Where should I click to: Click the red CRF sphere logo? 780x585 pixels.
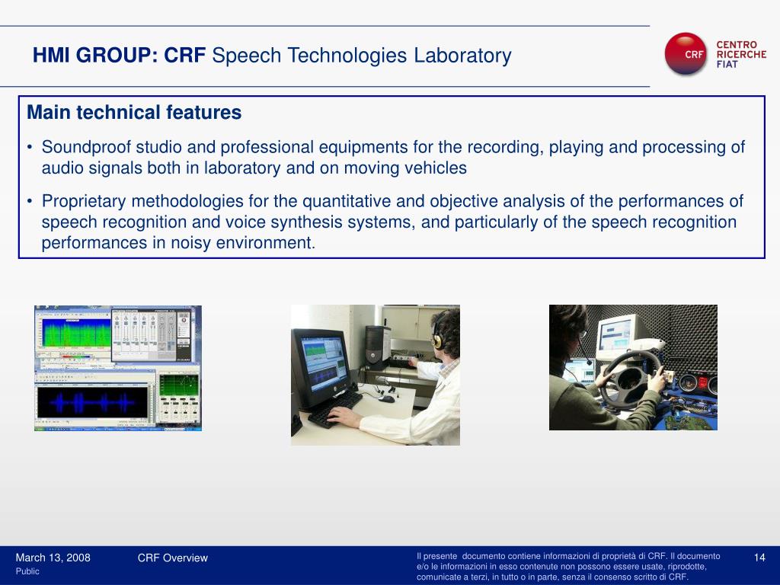pyautogui.click(x=686, y=54)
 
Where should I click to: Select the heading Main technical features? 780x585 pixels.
pyautogui.click(x=134, y=113)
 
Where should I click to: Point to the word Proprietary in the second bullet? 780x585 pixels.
pyautogui.click(x=84, y=201)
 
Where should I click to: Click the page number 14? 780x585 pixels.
pyautogui.click(x=759, y=558)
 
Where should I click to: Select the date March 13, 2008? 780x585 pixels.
pyautogui.click(x=53, y=558)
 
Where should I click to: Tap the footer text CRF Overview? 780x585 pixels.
pyautogui.click(x=173, y=558)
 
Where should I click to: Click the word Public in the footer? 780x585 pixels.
pyautogui.click(x=27, y=571)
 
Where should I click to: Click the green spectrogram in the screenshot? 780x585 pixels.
pyautogui.click(x=76, y=333)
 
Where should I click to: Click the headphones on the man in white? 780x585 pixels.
pyautogui.click(x=437, y=334)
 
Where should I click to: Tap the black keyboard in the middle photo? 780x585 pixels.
pyautogui.click(x=335, y=408)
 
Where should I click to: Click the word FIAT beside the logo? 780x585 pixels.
pyautogui.click(x=727, y=64)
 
